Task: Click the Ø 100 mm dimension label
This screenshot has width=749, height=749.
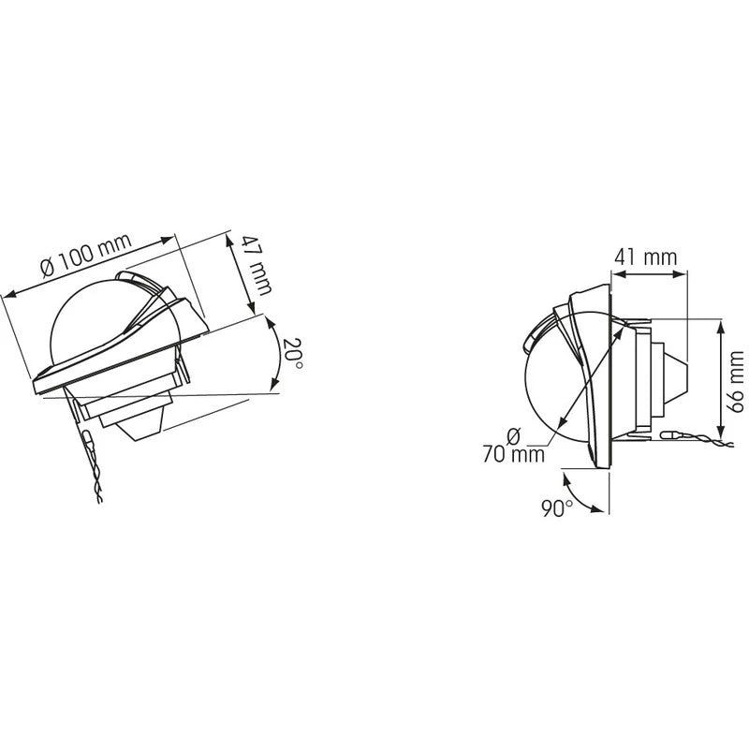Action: click(86, 255)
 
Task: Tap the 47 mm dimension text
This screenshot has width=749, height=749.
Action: click(257, 266)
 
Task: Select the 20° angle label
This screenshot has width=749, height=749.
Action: click(292, 353)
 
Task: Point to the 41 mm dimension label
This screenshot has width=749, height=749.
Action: click(645, 257)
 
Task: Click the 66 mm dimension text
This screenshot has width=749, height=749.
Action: click(735, 381)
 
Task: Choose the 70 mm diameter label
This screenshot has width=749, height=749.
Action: click(513, 447)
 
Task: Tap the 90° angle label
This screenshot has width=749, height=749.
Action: click(557, 507)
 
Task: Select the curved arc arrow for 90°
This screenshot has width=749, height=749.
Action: click(577, 497)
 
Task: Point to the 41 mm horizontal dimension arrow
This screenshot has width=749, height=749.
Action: click(649, 273)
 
